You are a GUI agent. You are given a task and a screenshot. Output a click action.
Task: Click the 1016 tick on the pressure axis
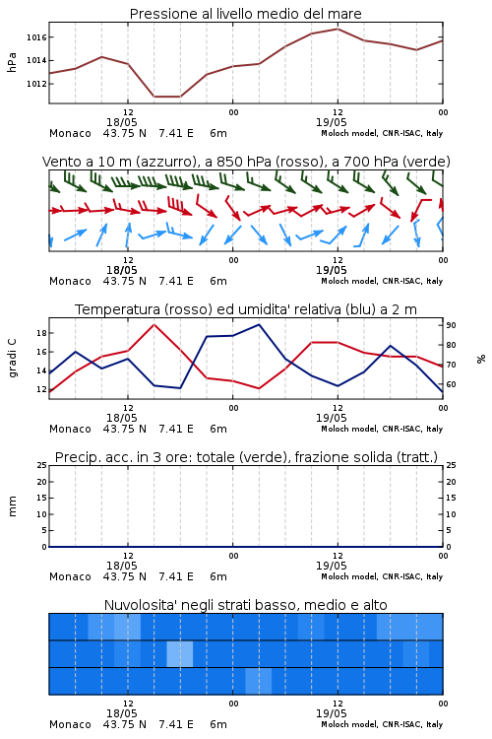click(x=36, y=37)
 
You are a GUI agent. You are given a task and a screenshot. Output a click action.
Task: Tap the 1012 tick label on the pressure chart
click(x=36, y=84)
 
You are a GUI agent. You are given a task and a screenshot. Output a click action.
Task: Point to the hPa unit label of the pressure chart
click(x=12, y=62)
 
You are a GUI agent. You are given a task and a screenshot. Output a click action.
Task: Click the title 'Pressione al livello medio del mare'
click(x=245, y=14)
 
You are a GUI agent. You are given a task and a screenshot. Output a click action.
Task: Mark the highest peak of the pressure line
click(x=338, y=29)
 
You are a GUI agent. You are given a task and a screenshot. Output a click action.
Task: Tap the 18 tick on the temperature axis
click(x=41, y=333)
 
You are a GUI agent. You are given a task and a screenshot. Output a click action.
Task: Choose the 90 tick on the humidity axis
click(x=451, y=325)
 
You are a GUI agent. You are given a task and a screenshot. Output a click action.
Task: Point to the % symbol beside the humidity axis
click(x=481, y=359)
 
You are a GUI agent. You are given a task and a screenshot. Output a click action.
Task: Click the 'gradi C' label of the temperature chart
click(x=13, y=358)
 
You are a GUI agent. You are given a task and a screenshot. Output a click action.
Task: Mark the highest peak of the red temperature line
click(x=154, y=324)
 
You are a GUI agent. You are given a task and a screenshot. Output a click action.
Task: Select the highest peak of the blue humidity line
click(x=259, y=324)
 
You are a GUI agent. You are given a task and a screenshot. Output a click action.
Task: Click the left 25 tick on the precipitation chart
click(x=42, y=465)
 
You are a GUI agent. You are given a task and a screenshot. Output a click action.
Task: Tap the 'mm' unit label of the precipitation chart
click(x=12, y=506)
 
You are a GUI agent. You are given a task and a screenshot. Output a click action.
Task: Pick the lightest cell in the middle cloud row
click(x=180, y=653)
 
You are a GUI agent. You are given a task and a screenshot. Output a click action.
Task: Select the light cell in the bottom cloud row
click(x=259, y=681)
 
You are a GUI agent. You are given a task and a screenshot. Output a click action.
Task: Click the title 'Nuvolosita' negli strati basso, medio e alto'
click(x=245, y=605)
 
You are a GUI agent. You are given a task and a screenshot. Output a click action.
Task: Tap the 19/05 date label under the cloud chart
click(x=331, y=713)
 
